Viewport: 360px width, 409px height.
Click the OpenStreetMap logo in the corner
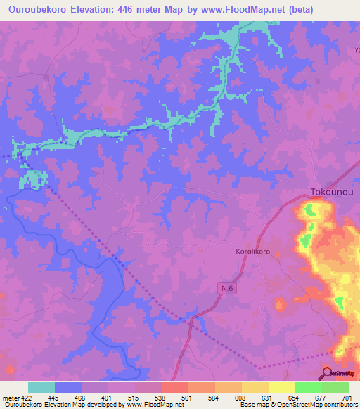coord(339,374)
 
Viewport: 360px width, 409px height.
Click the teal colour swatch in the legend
coord(41,387)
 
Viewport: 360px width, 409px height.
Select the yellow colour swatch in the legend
coord(282,387)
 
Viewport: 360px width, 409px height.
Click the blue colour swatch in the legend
coord(67,387)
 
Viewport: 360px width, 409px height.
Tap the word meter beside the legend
coord(10,398)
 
